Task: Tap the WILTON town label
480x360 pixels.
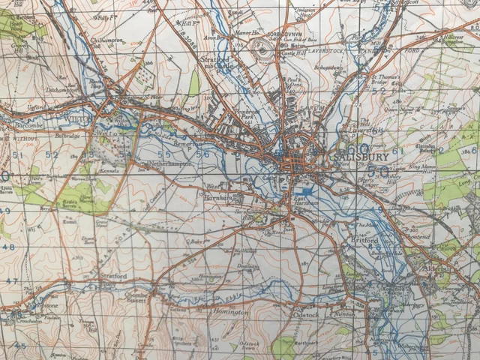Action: (77, 118)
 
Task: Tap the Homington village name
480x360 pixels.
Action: (231, 311)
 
